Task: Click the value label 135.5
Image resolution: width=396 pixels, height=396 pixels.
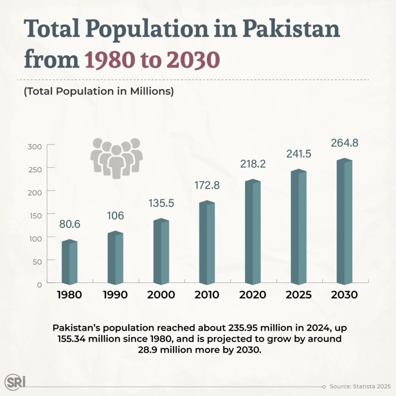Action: (x=161, y=203)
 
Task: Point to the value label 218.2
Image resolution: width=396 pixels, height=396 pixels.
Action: (x=253, y=163)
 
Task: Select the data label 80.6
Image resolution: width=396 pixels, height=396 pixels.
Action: (x=70, y=224)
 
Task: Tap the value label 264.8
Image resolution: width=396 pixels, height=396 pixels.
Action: (x=344, y=143)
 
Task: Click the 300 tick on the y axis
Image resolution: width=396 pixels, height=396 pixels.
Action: (x=36, y=146)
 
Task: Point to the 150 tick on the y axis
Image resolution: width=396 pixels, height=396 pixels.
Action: (x=36, y=215)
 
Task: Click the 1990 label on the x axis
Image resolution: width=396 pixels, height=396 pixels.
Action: (x=115, y=295)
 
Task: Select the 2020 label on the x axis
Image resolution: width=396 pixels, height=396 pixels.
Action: (x=253, y=295)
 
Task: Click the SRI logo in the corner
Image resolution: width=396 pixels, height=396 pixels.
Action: (x=15, y=382)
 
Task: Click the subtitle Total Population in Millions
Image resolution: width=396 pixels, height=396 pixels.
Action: (x=99, y=91)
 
